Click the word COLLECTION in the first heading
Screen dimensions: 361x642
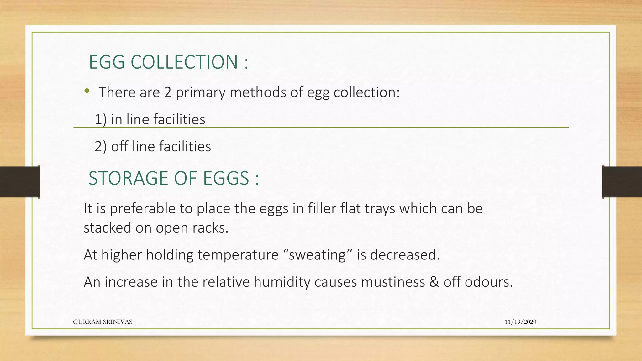(x=184, y=62)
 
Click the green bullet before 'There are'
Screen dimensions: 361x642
(x=87, y=91)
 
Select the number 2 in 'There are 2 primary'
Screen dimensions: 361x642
(x=168, y=92)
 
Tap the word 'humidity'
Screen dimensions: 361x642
(x=282, y=282)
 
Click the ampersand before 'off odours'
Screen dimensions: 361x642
(x=434, y=282)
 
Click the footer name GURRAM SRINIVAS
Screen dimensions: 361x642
(x=103, y=322)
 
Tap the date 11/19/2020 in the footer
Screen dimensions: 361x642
(x=520, y=322)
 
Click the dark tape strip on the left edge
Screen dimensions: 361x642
(x=20, y=182)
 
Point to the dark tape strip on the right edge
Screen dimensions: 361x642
(x=622, y=182)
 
